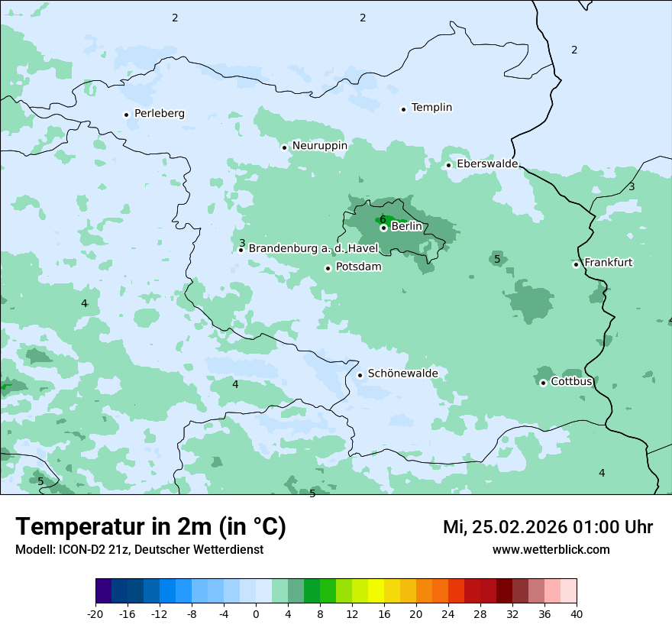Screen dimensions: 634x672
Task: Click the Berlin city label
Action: (406, 227)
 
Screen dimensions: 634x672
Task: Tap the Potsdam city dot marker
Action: (328, 268)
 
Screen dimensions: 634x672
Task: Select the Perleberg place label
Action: (159, 114)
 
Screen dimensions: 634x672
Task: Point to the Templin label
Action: (431, 108)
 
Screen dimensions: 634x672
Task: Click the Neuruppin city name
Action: (319, 146)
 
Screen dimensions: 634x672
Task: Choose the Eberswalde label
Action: (487, 164)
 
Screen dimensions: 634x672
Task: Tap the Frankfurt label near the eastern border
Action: (608, 263)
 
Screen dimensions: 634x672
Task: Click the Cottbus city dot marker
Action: (543, 383)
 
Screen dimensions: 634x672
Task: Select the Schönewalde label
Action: (402, 374)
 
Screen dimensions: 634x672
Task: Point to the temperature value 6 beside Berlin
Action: (383, 219)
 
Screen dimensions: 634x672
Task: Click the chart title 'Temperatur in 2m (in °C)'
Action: (151, 527)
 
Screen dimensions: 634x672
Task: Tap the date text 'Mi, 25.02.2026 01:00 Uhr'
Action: (548, 527)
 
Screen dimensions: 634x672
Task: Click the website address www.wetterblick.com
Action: (551, 549)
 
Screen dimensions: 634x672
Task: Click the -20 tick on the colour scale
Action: (95, 613)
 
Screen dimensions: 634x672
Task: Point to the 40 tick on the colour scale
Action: (576, 613)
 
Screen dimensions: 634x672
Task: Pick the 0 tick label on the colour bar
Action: (256, 613)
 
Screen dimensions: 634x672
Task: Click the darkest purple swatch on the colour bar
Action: (104, 591)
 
